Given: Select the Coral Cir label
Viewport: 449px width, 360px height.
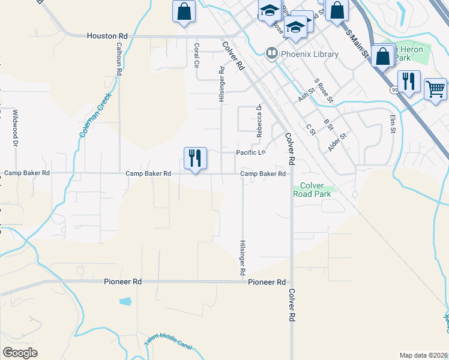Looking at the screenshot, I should click(x=196, y=55).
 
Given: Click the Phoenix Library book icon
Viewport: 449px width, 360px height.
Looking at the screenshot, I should click(x=271, y=54).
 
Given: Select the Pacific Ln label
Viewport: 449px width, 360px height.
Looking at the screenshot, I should click(x=250, y=153).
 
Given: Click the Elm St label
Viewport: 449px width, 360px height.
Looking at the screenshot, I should click(x=393, y=124).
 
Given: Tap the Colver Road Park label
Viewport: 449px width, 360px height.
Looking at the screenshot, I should click(x=312, y=190).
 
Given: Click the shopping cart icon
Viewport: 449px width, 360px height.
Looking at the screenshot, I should click(x=435, y=89).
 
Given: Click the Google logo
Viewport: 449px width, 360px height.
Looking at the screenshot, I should click(x=20, y=353).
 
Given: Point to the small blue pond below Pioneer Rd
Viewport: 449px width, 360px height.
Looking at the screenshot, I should click(x=125, y=301).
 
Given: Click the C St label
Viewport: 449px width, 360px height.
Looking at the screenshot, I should click(x=310, y=129).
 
